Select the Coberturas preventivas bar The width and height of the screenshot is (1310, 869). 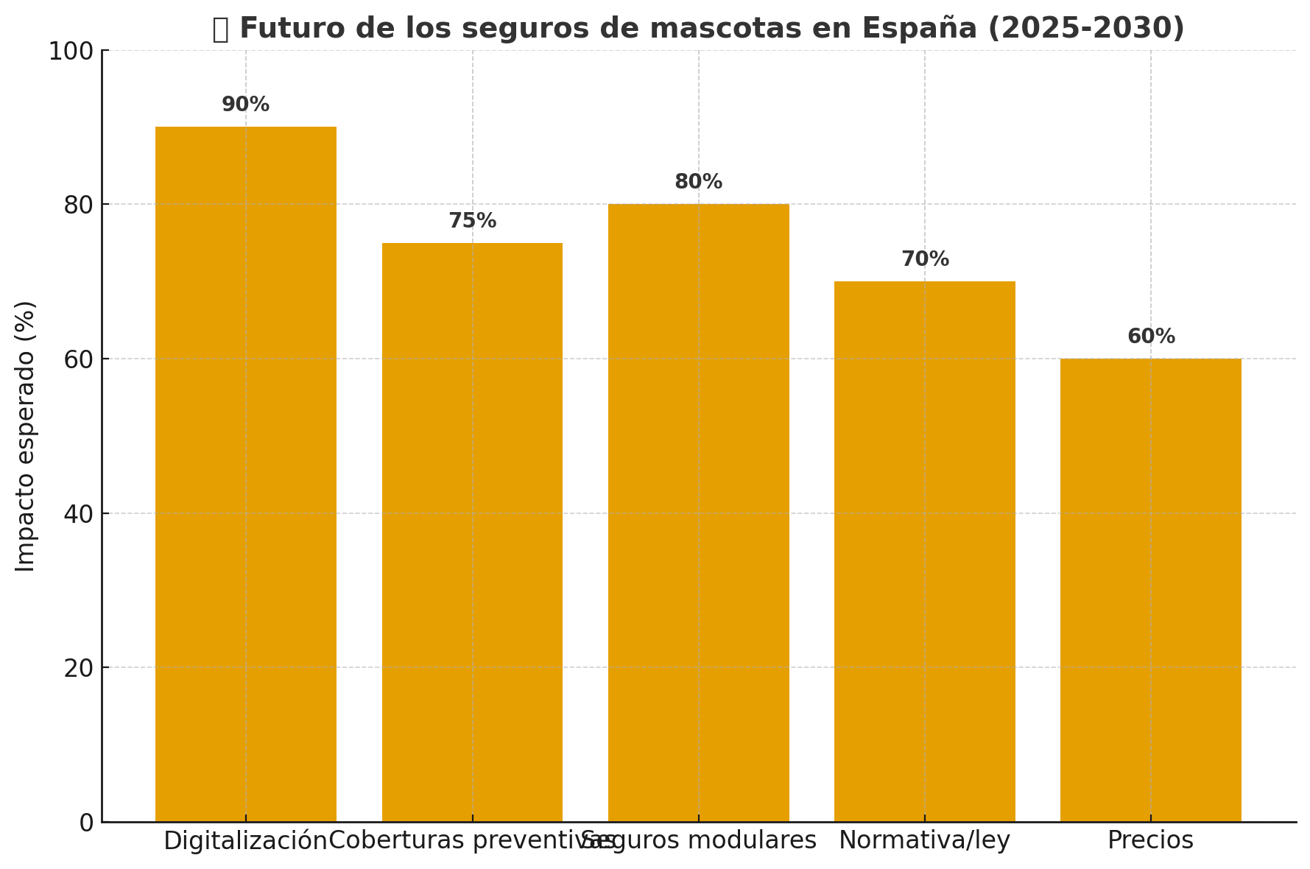pyautogui.click(x=472, y=532)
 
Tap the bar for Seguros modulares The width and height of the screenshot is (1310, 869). pyautogui.click(x=698, y=513)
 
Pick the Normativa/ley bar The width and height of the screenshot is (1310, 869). pyautogui.click(x=924, y=551)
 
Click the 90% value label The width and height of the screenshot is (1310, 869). pyautogui.click(x=245, y=105)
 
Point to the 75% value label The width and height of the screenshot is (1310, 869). pyautogui.click(x=472, y=221)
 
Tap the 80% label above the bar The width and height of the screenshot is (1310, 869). pyautogui.click(x=698, y=182)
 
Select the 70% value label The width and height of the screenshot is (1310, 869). pyautogui.click(x=925, y=259)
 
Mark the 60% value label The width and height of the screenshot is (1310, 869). pyautogui.click(x=1151, y=337)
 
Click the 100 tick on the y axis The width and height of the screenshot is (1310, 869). pyautogui.click(x=71, y=51)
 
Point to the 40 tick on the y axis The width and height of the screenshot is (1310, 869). pyautogui.click(x=78, y=513)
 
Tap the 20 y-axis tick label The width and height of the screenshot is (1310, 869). pyautogui.click(x=78, y=668)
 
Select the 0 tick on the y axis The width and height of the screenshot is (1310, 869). pyautogui.click(x=86, y=823)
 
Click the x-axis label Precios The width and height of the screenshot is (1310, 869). pyautogui.click(x=1150, y=840)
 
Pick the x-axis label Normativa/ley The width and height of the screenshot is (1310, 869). pyautogui.click(x=924, y=840)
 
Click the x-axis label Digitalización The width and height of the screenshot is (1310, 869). pyautogui.click(x=245, y=840)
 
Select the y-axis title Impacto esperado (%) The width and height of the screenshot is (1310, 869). pyautogui.click(x=26, y=436)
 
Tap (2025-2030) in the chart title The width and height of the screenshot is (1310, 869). pyautogui.click(x=1085, y=29)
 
